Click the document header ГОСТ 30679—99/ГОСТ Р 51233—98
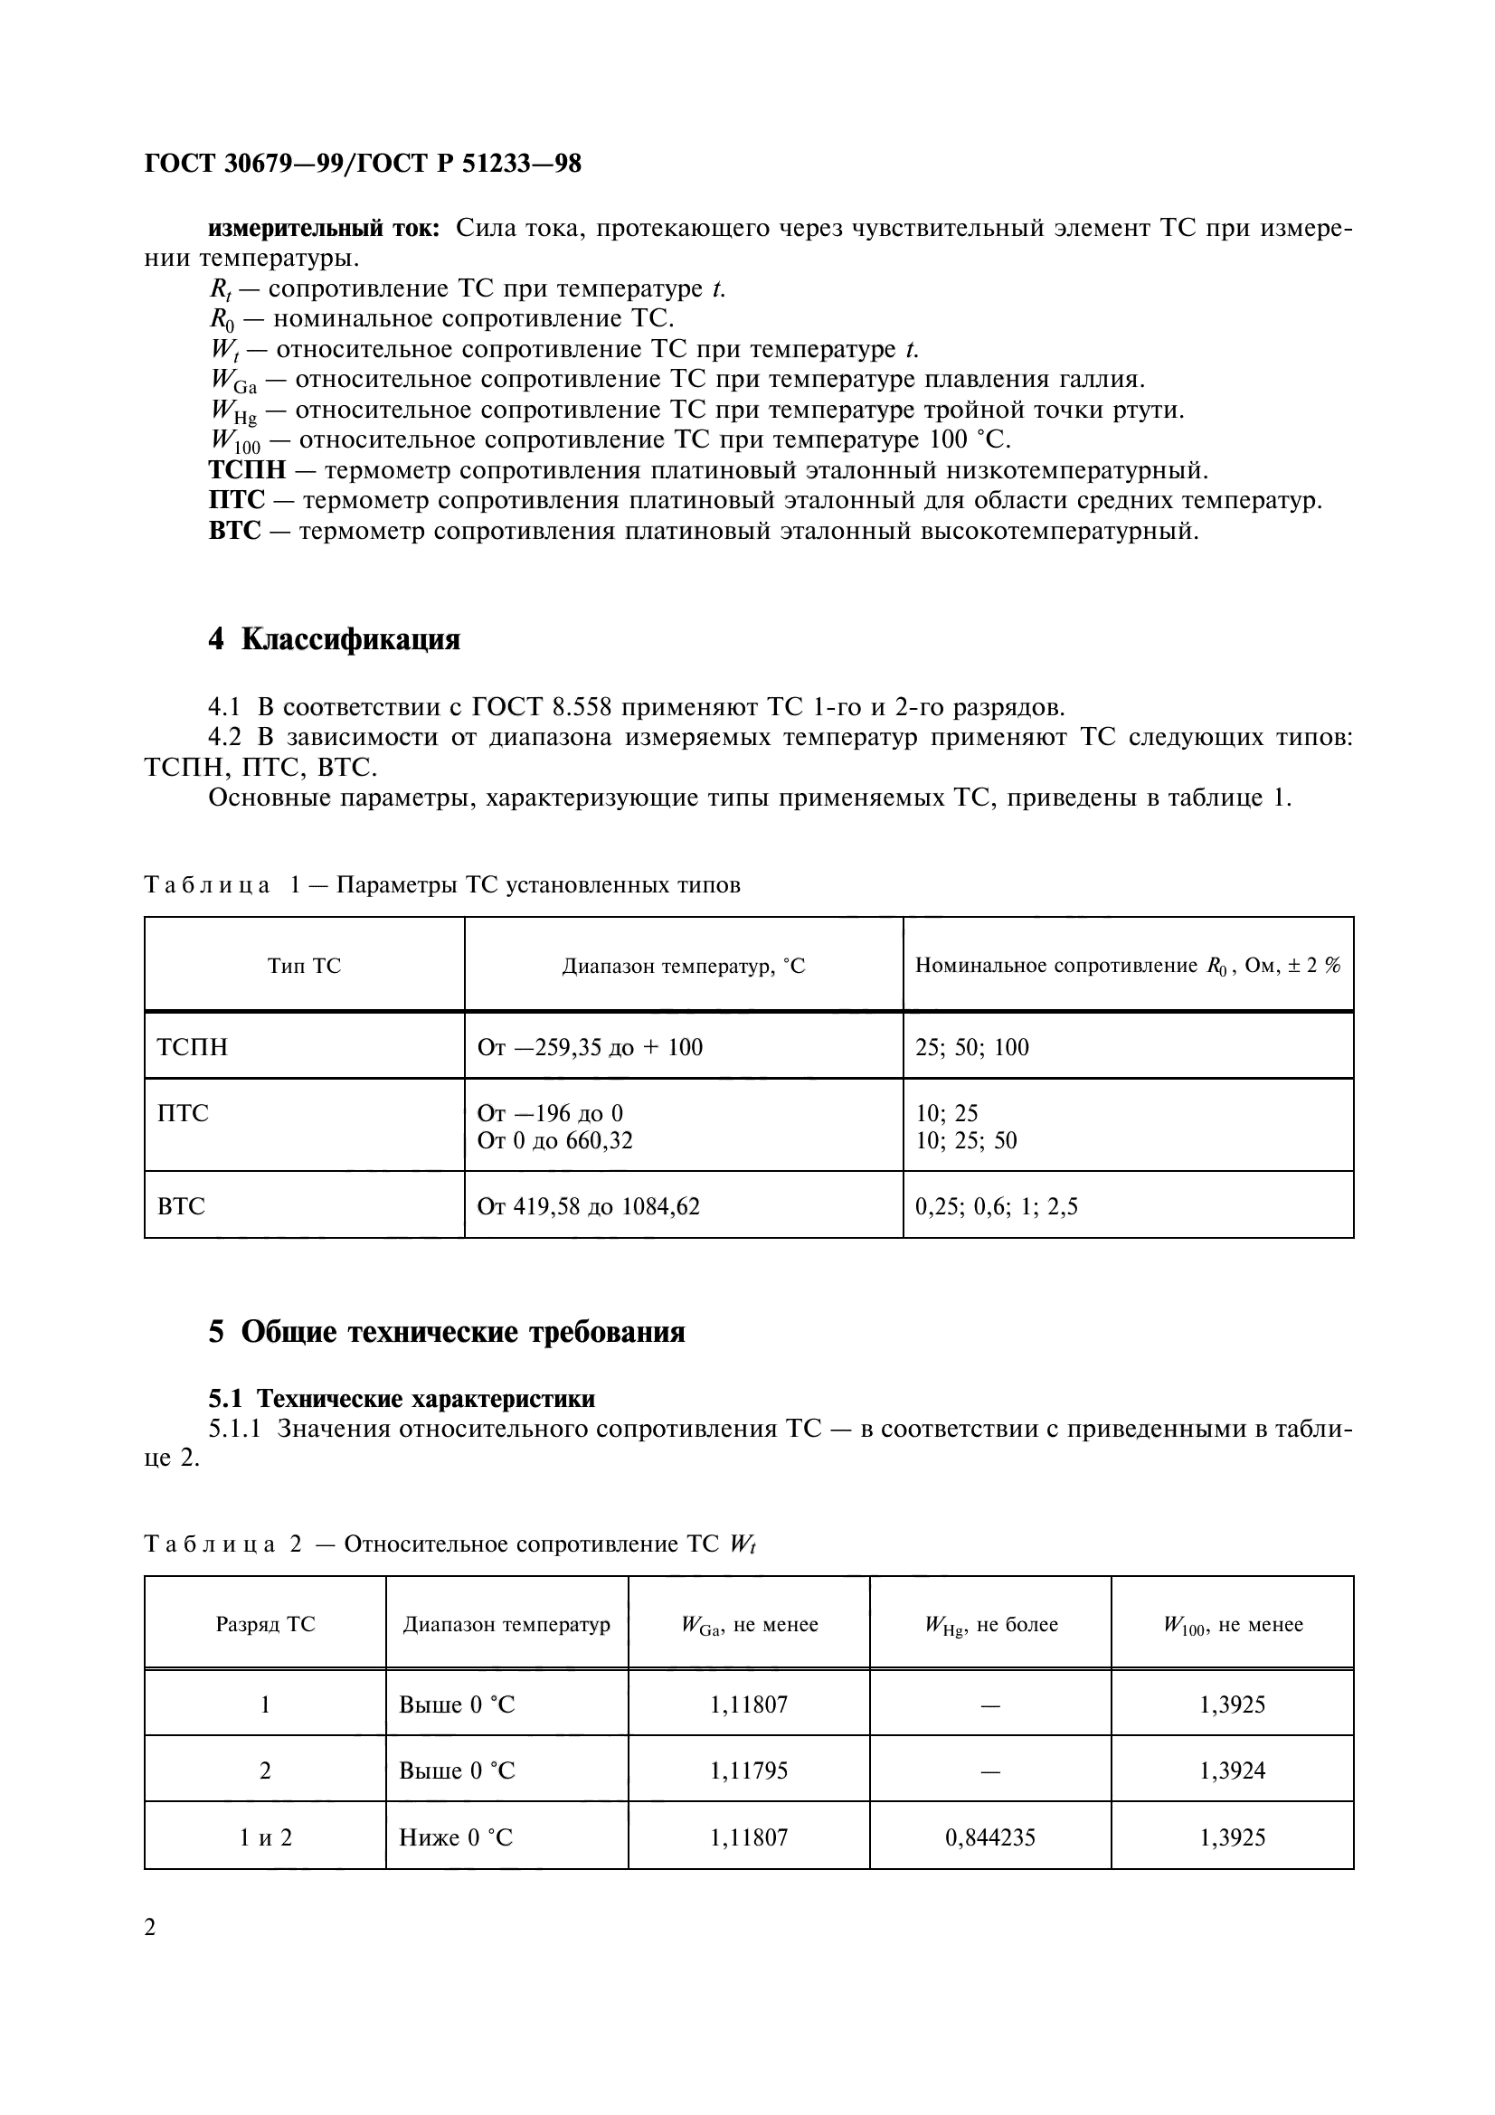coord(363,164)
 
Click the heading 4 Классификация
coord(334,638)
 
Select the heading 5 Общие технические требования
coord(447,1331)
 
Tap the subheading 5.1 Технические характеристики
coord(402,1398)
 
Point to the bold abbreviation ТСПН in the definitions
coord(247,471)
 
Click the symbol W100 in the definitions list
coord(235,441)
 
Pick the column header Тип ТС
coord(304,966)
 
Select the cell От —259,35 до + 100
coord(590,1047)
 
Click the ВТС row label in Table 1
coord(182,1206)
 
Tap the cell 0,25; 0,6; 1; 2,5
coord(996,1206)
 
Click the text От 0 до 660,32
coord(554,1140)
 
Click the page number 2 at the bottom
coord(150,1927)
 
